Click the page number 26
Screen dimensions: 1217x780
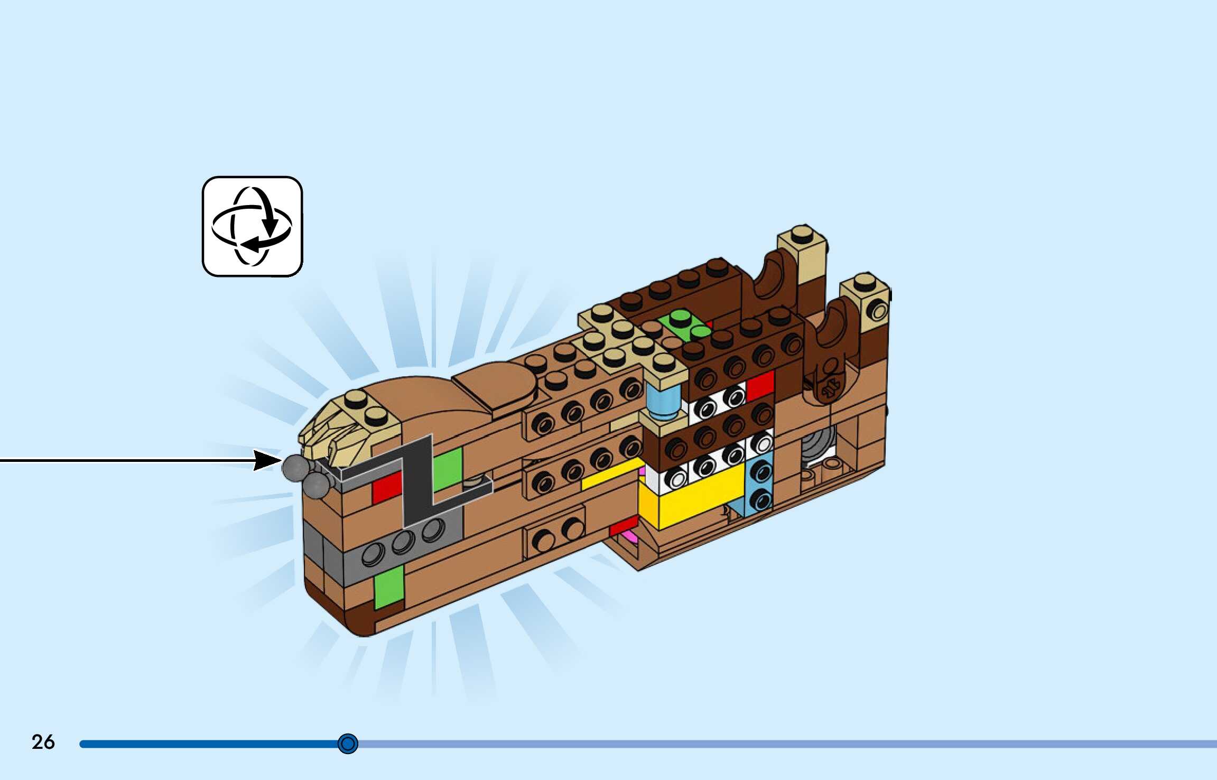(43, 742)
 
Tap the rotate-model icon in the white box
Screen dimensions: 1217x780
(252, 226)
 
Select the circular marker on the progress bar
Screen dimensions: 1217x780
(348, 744)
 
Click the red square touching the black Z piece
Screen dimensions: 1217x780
(386, 487)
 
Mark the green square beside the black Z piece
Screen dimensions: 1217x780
(448, 468)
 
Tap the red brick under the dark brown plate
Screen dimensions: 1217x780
(760, 386)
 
